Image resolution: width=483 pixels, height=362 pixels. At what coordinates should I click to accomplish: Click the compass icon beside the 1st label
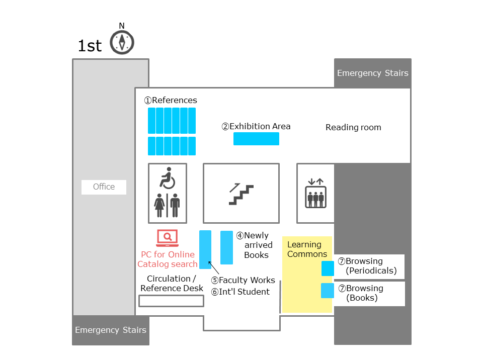tap(122, 42)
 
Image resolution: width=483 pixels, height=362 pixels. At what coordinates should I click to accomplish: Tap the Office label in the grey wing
tap(104, 187)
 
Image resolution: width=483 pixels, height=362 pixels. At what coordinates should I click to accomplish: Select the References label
tap(171, 101)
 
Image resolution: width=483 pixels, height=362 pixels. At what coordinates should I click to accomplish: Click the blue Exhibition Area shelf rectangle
tap(256, 139)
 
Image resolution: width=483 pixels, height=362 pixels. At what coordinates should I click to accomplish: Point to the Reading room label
tap(353, 127)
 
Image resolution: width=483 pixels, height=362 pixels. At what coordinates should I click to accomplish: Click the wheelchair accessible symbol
tap(168, 178)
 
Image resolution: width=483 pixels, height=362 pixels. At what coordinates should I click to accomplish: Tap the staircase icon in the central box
tap(241, 194)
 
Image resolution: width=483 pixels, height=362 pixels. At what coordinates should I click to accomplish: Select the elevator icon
tap(316, 193)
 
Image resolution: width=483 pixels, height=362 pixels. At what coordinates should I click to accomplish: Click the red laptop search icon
tap(167, 238)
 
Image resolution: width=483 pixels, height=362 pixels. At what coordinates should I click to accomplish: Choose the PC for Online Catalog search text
tap(168, 259)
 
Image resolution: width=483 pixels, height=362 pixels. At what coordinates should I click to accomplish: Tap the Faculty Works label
tap(243, 280)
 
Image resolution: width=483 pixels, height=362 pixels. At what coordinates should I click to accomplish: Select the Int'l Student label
tap(240, 292)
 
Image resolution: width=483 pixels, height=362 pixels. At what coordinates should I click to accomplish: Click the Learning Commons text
tap(307, 249)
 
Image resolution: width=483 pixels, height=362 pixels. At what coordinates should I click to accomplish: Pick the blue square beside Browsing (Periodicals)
tap(328, 268)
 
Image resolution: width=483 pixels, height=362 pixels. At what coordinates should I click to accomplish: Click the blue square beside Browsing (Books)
tap(328, 291)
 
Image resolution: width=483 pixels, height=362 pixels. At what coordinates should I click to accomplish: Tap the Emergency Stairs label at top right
tap(373, 73)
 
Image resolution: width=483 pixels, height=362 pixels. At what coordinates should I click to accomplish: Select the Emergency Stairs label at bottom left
tap(111, 330)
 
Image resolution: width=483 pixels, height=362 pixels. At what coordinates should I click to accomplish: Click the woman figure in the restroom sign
tap(159, 206)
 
